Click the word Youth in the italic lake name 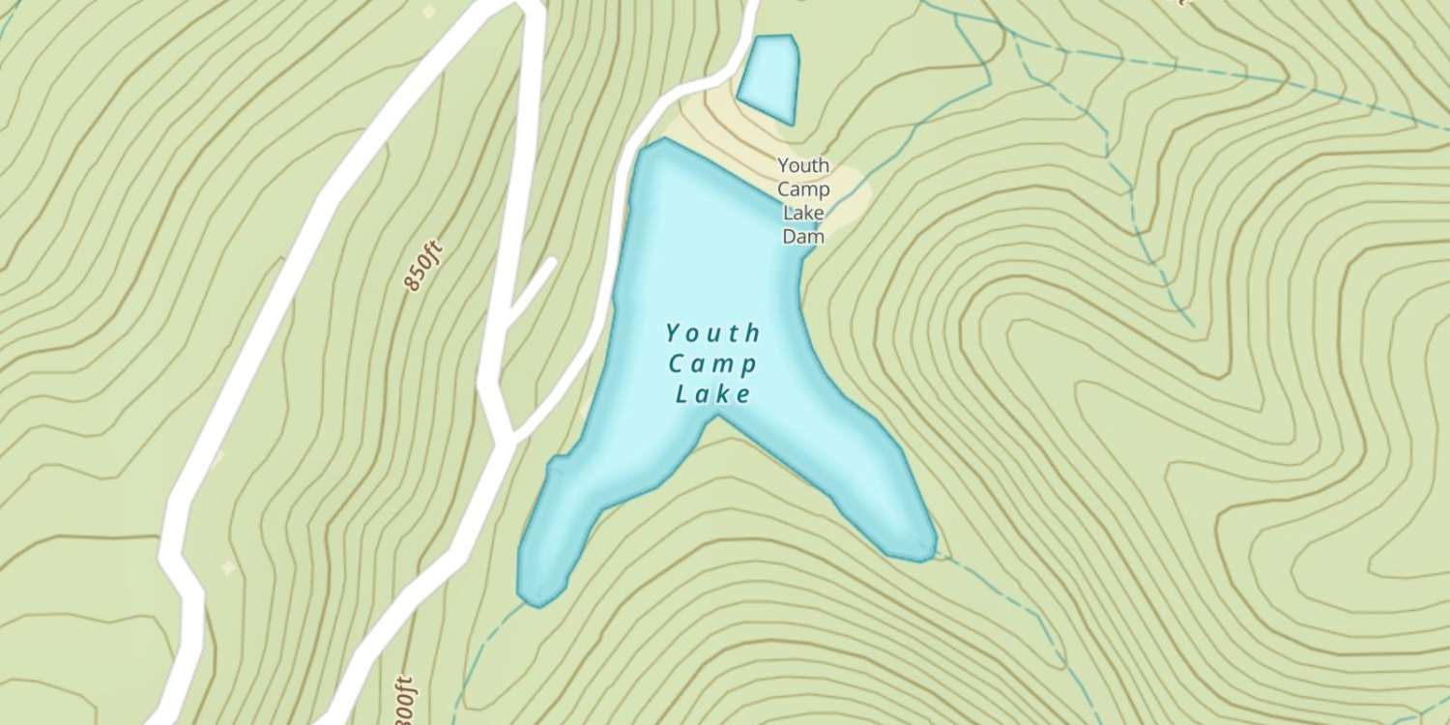click(x=712, y=334)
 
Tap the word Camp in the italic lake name click(x=712, y=364)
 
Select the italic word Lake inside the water click(x=712, y=394)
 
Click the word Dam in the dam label click(x=803, y=236)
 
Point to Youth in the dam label click(x=803, y=166)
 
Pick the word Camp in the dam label click(x=803, y=189)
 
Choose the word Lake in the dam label click(x=803, y=213)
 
